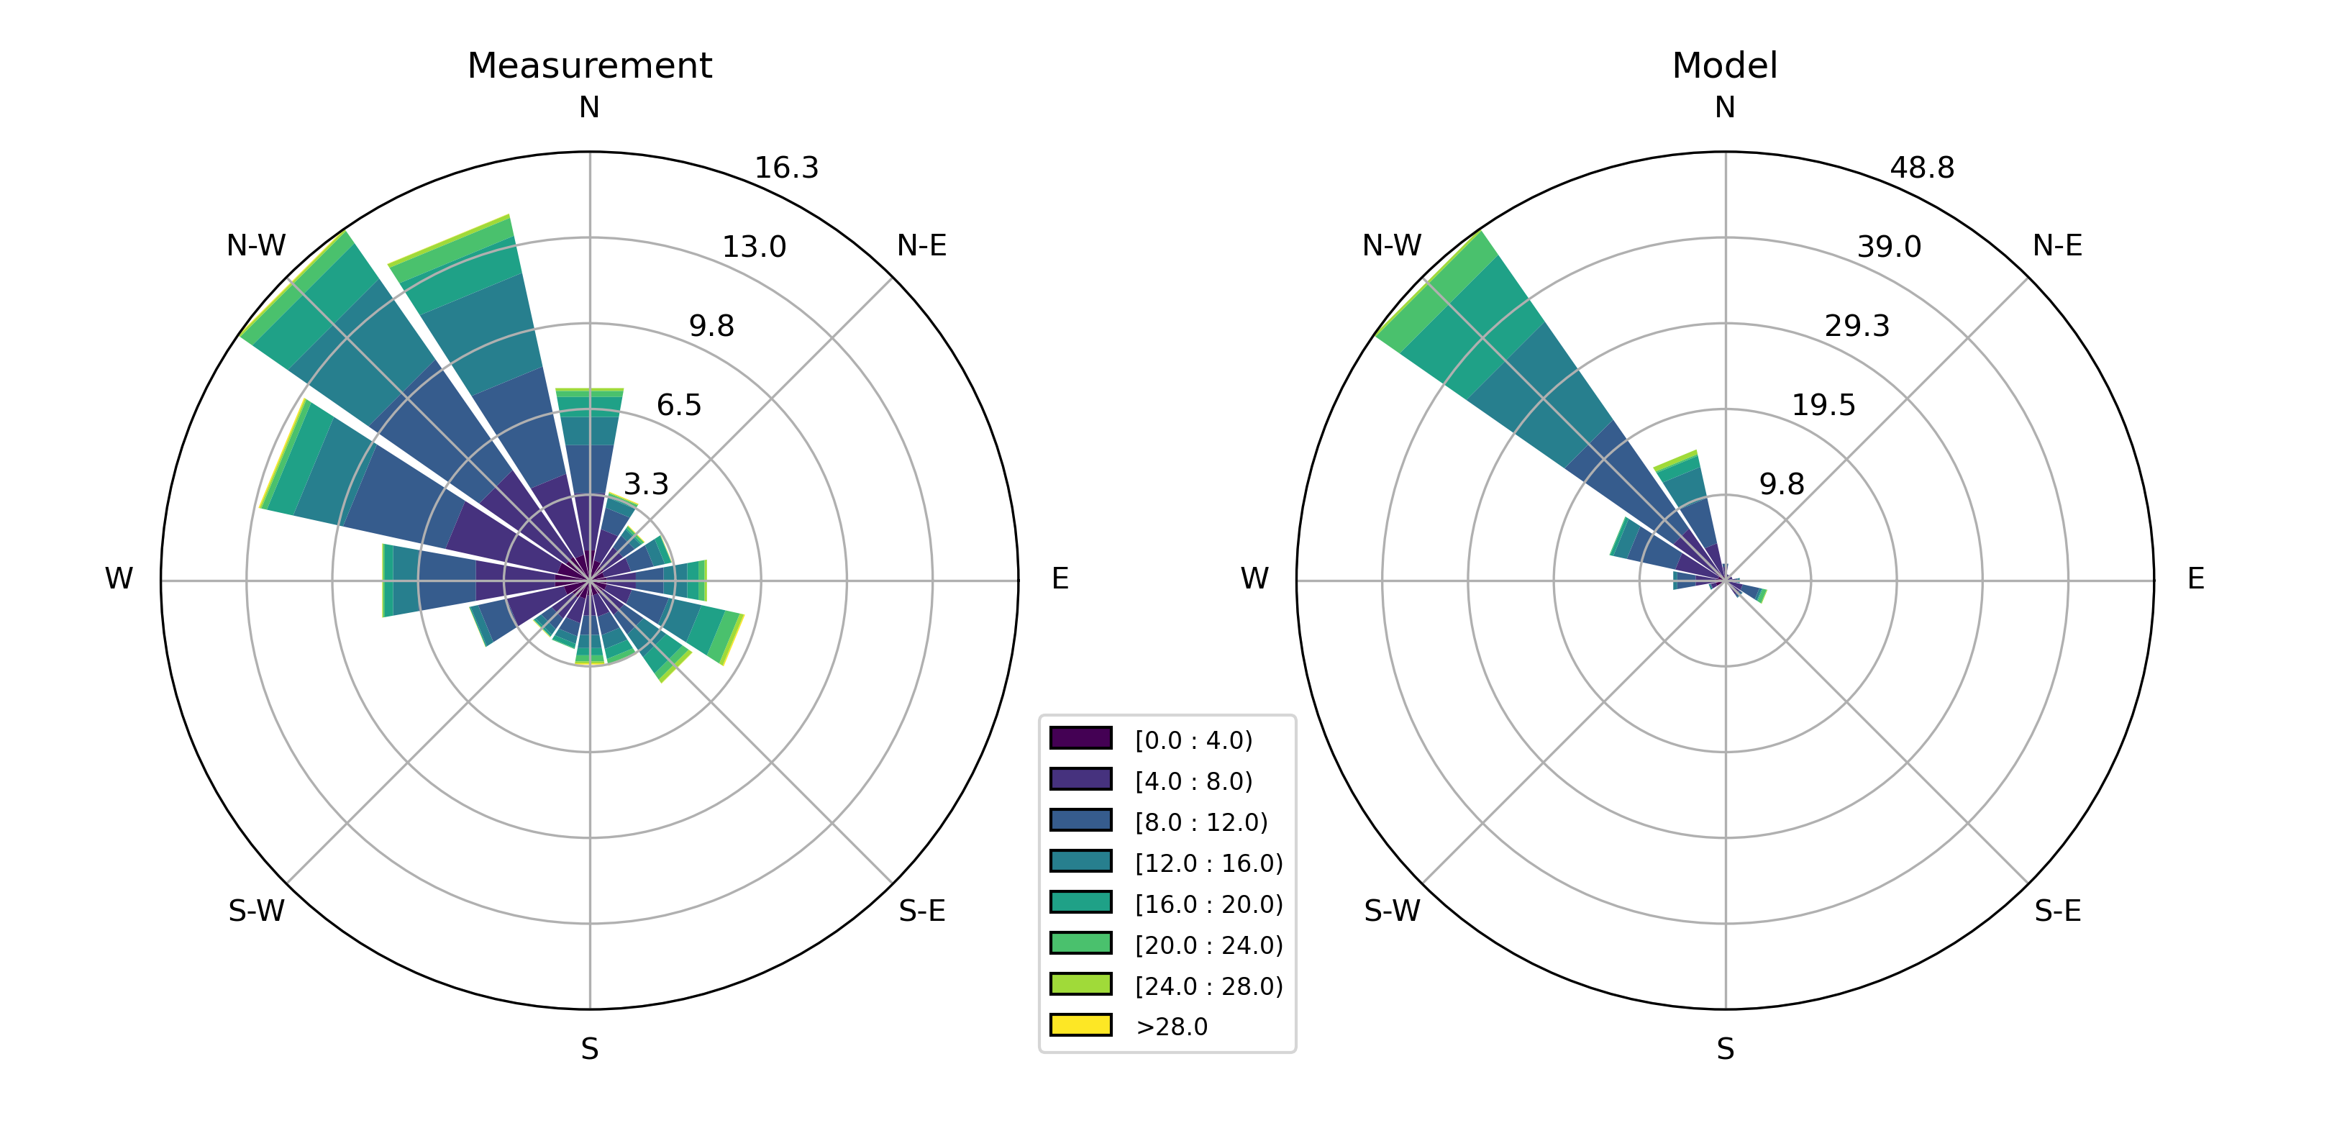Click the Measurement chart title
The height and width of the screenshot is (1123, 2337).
(589, 65)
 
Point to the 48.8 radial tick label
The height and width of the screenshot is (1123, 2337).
(1921, 168)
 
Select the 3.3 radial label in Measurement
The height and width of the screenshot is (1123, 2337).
(645, 484)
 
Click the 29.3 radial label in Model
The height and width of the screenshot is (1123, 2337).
(1857, 326)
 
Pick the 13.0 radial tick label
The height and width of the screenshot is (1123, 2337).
(753, 247)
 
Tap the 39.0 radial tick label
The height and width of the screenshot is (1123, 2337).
(1889, 247)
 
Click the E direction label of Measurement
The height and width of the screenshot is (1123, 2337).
(1059, 578)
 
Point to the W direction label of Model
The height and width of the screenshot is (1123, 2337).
(1254, 578)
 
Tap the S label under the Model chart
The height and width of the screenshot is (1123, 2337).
(1725, 1050)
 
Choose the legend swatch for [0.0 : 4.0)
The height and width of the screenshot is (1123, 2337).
(1080, 738)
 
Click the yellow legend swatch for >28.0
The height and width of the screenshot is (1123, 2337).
(1080, 1025)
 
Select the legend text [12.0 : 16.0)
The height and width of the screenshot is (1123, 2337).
(1208, 863)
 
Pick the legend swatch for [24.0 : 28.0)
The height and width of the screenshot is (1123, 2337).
(1080, 984)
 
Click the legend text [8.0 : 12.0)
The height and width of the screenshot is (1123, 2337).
(1201, 823)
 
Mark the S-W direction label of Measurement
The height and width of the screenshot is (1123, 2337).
(256, 911)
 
